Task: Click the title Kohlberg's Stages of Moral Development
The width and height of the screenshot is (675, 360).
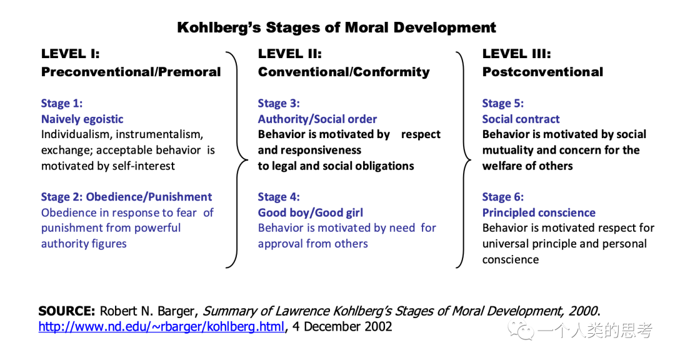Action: click(336, 27)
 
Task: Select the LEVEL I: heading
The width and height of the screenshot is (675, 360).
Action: click(70, 54)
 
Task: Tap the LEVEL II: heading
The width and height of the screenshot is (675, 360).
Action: click(290, 54)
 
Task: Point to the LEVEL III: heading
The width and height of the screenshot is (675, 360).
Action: click(517, 54)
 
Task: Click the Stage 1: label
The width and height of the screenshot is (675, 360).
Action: click(61, 103)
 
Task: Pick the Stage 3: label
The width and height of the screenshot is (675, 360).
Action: click(279, 103)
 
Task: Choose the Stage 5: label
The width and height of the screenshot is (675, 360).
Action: click(502, 103)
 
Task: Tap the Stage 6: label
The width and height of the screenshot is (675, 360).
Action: click(502, 197)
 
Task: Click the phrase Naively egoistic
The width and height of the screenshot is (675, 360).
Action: click(82, 119)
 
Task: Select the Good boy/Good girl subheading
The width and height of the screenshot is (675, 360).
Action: click(311, 212)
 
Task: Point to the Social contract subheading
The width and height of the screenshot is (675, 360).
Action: click(521, 119)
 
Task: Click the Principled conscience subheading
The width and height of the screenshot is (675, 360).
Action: click(539, 212)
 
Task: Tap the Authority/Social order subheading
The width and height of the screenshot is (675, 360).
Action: click(317, 119)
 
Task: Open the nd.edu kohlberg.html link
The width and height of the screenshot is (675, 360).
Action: click(161, 327)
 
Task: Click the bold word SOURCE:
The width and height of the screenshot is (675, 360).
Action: click(67, 311)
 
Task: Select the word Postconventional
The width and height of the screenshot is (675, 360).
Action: click(542, 72)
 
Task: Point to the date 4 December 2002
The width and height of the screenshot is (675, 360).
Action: click(342, 327)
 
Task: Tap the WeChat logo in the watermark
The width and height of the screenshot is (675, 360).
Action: click(521, 330)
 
